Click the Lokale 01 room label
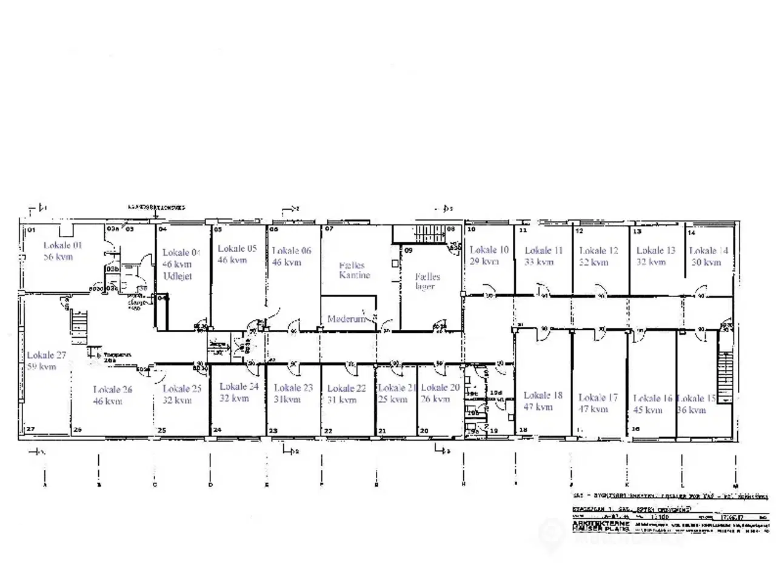pyautogui.click(x=62, y=246)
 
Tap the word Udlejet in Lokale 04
pyautogui.click(x=177, y=276)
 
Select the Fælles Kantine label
pyautogui.click(x=354, y=270)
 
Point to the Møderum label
pyautogui.click(x=346, y=318)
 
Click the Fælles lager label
pyautogui.click(x=427, y=281)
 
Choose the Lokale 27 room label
pyautogui.click(x=46, y=355)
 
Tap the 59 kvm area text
pyautogui.click(x=41, y=367)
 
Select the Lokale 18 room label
pyautogui.click(x=543, y=395)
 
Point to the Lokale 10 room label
pyautogui.click(x=489, y=250)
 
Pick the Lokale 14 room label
pyautogui.click(x=708, y=250)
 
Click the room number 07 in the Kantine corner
pyautogui.click(x=329, y=230)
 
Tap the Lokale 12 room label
pyautogui.click(x=598, y=250)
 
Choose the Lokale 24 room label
pyautogui.click(x=238, y=386)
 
